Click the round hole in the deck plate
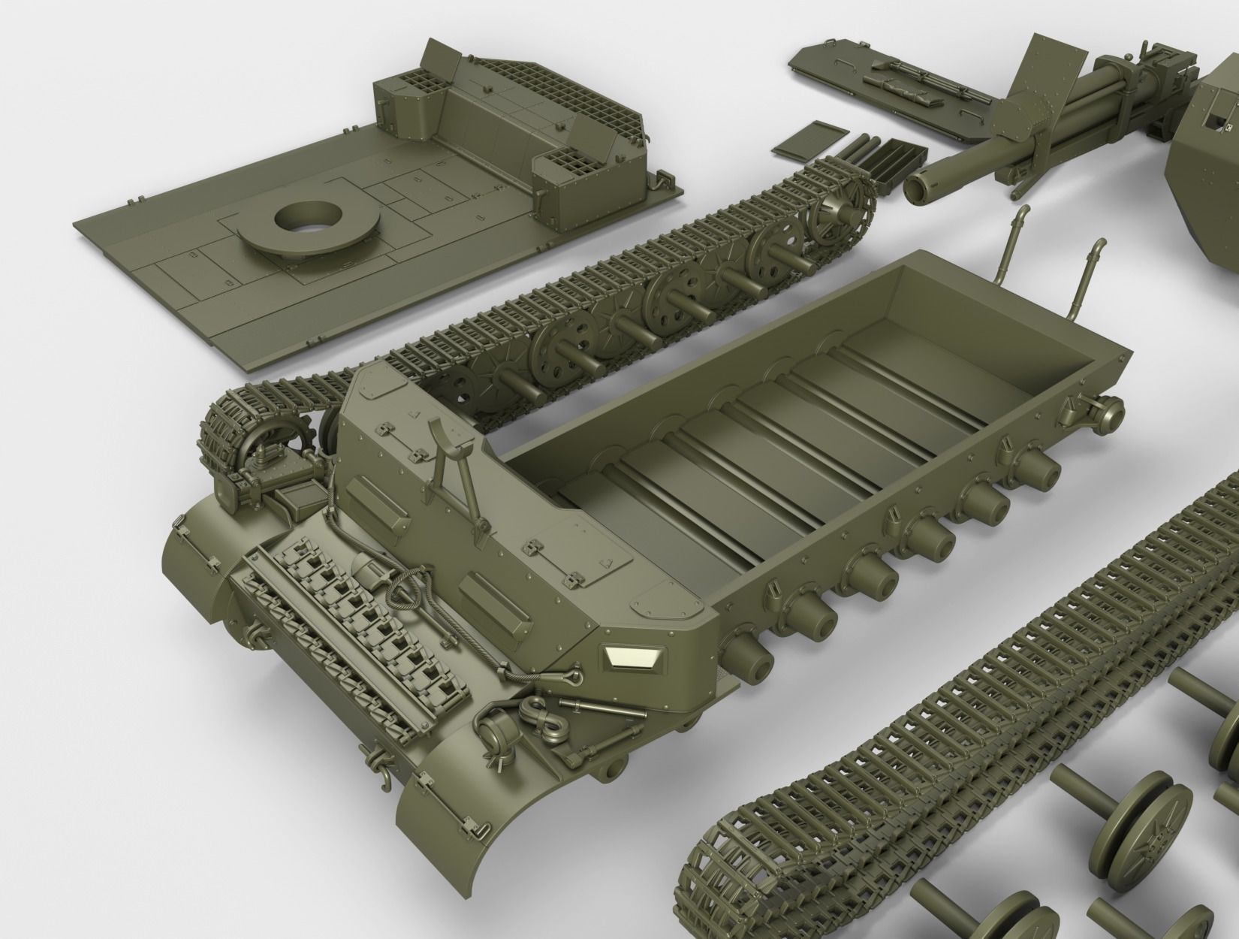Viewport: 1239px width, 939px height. pyautogui.click(x=305, y=219)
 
